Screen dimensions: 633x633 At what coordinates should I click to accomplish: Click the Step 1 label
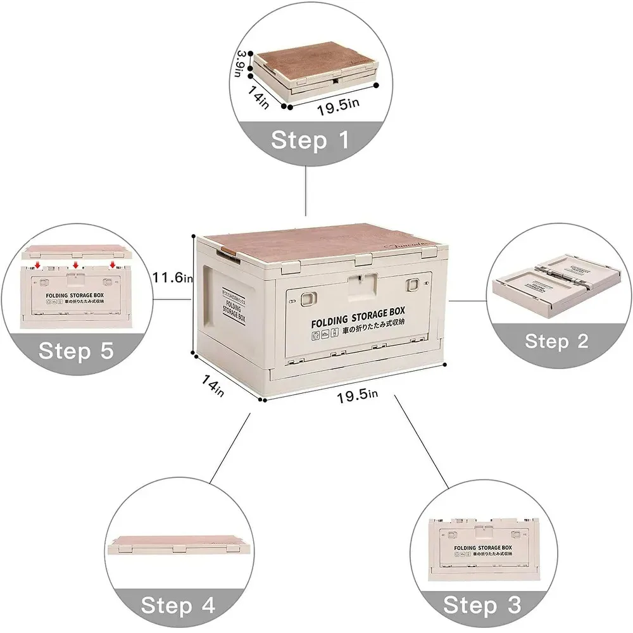[310, 140]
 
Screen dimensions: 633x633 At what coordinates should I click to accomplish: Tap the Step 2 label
[556, 342]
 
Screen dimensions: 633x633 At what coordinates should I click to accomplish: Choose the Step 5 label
[76, 350]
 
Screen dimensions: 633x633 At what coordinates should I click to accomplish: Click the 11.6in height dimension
[172, 277]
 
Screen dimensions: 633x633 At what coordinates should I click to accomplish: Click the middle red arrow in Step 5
[75, 264]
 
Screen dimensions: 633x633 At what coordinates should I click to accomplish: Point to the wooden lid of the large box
[323, 243]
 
